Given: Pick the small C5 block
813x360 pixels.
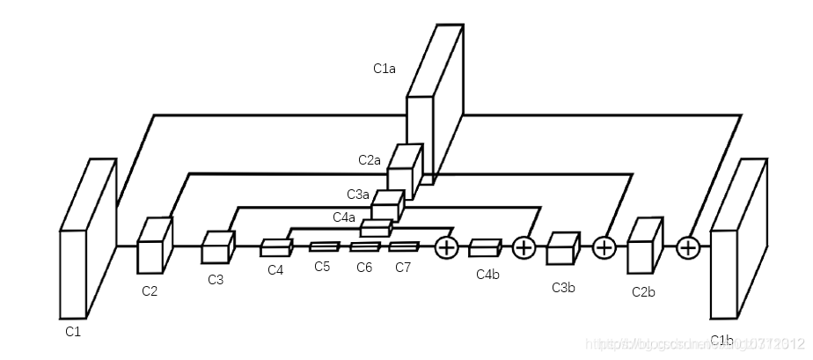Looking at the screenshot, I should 324,246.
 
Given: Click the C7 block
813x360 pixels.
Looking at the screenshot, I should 404,246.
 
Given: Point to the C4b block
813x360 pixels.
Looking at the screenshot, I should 485,247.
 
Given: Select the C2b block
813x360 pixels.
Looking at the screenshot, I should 644,246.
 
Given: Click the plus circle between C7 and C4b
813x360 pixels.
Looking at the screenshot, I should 447,247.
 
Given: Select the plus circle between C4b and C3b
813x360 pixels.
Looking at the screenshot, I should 524,247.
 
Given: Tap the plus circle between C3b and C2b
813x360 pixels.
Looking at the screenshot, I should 604,247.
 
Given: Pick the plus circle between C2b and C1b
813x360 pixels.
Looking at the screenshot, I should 687,247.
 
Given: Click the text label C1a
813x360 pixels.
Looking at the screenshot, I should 384,68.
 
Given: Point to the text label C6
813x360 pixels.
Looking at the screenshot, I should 364,267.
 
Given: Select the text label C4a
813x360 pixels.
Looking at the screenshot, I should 344,217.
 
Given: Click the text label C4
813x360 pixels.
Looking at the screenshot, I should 276,269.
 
